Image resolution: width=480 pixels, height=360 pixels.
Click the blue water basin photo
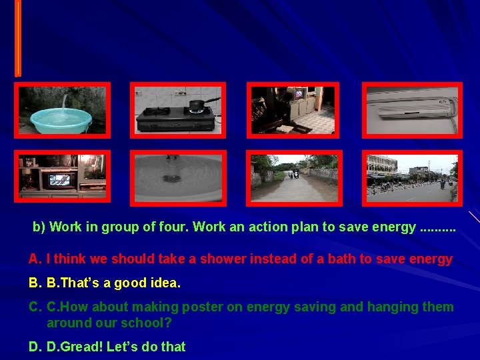point(63,111)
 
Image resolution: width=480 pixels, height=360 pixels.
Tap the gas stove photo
point(177,111)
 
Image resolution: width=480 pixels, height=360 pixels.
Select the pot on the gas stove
point(196,105)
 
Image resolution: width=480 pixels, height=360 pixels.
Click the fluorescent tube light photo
point(411,111)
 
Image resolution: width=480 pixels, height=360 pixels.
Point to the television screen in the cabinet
point(59,179)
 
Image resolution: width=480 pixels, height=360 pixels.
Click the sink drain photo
point(177,177)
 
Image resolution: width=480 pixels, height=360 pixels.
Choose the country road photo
point(294,177)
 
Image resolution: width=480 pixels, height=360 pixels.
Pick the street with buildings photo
point(411,177)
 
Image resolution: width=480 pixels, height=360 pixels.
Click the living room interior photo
point(293,111)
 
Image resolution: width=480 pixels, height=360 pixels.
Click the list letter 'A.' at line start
point(35,259)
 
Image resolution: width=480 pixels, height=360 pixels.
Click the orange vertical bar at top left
point(18,37)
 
